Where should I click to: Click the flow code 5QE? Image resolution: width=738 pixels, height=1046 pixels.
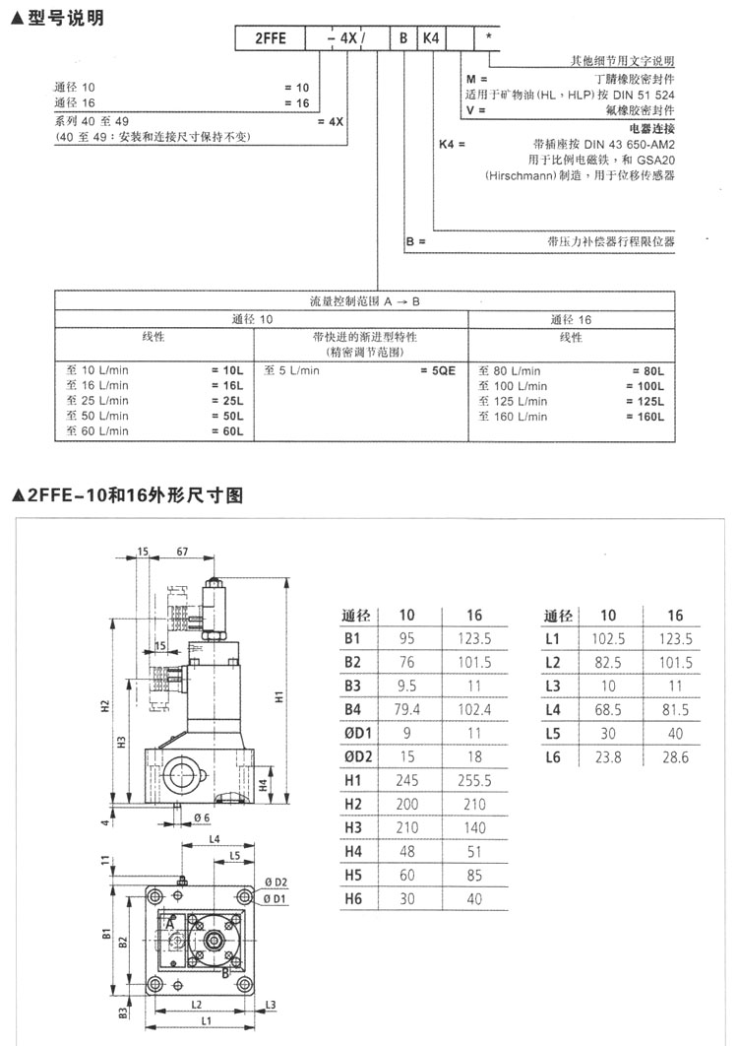pos(439,371)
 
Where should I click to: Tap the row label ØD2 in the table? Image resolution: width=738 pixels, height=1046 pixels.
pos(358,756)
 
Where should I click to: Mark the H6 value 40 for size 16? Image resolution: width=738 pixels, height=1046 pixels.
pos(474,898)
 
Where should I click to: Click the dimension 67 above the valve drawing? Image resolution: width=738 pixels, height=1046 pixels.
pos(183,553)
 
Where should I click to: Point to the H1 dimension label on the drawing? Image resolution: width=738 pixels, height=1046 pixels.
pos(278,697)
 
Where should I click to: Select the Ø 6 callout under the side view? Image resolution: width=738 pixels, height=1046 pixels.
pos(201,817)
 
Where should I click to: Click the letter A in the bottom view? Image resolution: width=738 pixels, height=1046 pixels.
pos(170,924)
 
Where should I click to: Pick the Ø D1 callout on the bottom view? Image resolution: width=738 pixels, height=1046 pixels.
pos(276,899)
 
